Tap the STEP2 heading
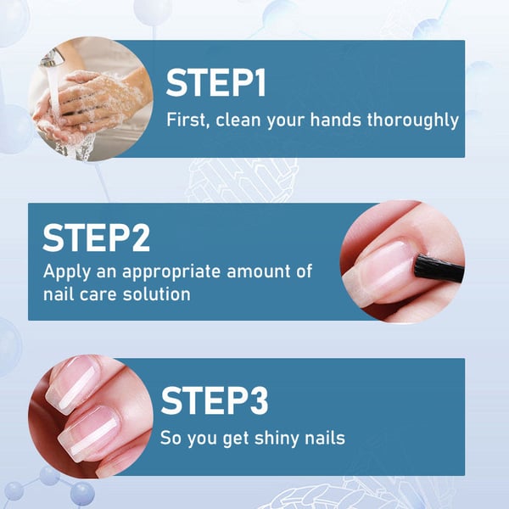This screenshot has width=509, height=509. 96,238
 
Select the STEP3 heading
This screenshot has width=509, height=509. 214,401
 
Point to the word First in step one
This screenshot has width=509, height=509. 185,120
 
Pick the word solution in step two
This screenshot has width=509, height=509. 159,294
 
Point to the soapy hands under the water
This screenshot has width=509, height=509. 85,106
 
